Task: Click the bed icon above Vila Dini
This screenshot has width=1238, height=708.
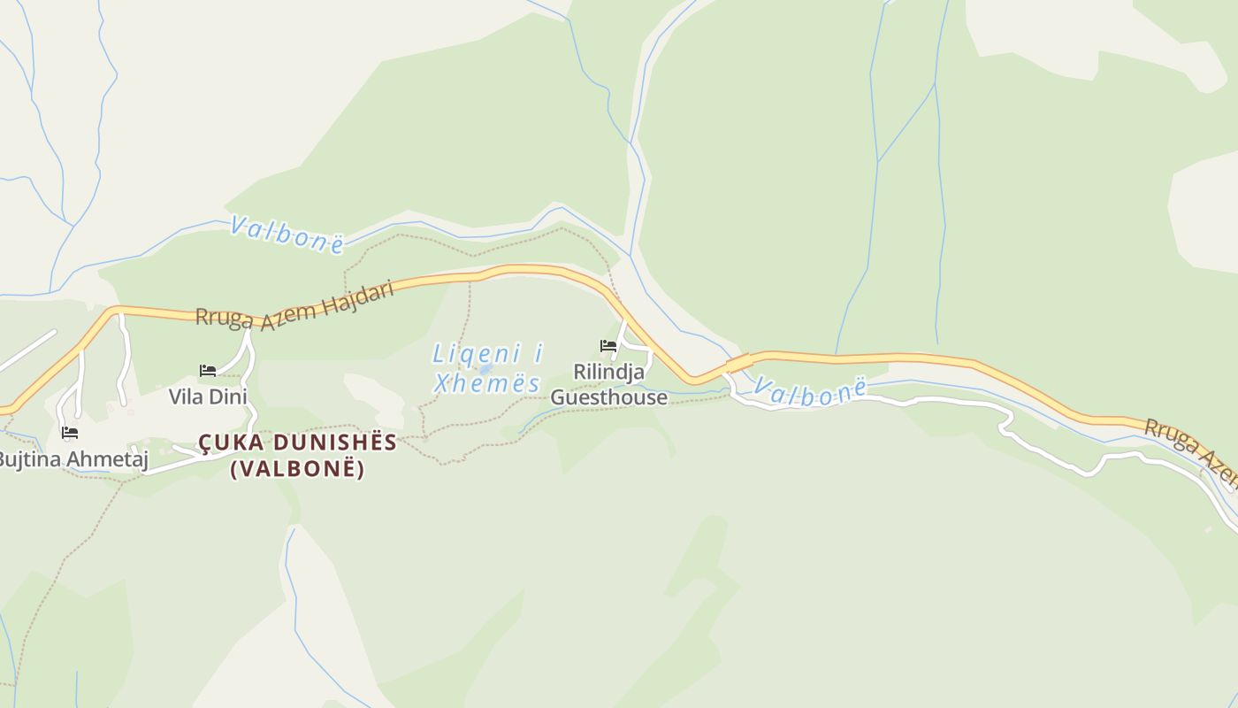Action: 208,370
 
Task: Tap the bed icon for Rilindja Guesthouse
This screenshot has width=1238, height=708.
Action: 608,345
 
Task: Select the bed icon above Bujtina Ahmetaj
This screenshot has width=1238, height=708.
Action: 70,433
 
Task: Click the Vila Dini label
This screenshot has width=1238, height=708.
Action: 208,396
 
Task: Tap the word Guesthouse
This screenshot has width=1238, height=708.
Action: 608,397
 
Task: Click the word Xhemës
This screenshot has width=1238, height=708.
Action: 487,384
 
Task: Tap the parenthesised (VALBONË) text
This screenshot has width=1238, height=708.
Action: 297,469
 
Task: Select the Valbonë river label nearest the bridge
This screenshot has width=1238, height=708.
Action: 808,393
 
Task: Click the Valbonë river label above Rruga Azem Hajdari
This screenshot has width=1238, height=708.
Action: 287,234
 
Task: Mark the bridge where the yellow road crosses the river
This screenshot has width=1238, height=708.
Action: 738,363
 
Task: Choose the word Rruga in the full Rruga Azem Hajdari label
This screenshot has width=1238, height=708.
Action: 225,318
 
